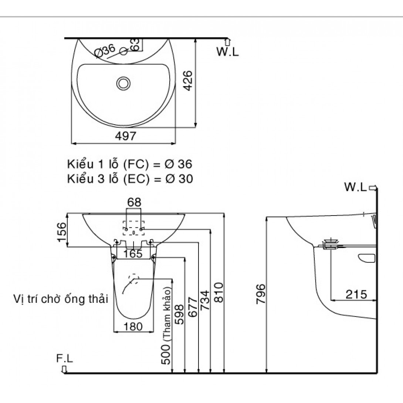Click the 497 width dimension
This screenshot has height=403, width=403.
[123, 136]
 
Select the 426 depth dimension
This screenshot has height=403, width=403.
[188, 81]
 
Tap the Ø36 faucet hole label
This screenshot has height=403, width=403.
[105, 52]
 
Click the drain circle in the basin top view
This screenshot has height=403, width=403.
[123, 83]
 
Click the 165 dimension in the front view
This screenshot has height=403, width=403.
[133, 254]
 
